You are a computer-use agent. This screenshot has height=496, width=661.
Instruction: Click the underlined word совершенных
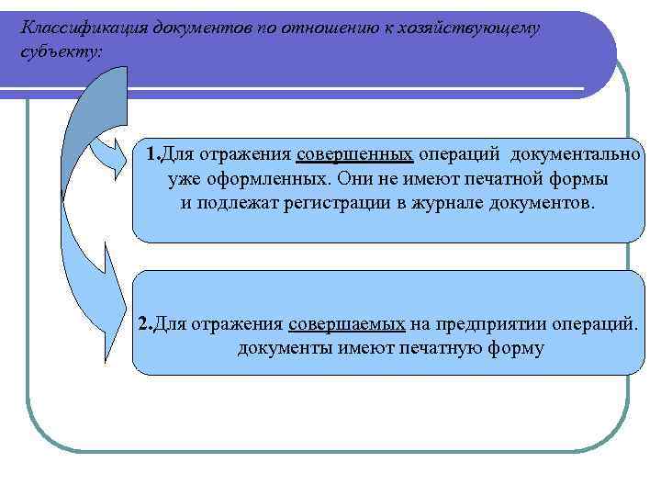355,152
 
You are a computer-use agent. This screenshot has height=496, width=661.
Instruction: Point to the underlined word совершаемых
346,324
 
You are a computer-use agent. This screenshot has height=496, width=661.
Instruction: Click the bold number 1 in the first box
151,152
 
